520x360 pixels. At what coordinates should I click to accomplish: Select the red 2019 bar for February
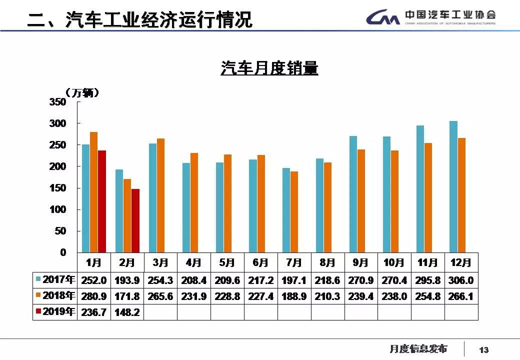tap(135, 220)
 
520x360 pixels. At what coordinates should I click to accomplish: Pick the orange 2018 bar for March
tap(161, 195)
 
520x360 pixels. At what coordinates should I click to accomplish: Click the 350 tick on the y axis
tap(57, 102)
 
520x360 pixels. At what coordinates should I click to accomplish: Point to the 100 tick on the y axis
tap(57, 209)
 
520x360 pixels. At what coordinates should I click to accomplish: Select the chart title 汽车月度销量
tap(269, 68)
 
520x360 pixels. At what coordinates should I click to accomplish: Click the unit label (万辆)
tap(82, 93)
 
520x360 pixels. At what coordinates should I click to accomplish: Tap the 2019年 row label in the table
tap(55, 312)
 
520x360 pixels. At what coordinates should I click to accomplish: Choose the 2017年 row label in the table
tap(55, 280)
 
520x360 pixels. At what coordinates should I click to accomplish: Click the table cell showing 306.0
tap(461, 280)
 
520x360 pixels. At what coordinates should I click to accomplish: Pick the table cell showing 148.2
tap(127, 312)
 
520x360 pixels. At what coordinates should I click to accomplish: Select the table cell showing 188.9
tap(294, 296)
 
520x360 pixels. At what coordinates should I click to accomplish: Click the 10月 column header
tap(394, 262)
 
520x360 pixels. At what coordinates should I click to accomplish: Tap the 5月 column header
tap(227, 262)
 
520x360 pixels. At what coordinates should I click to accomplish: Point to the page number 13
tap(484, 350)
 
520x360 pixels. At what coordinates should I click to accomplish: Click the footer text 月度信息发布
tap(418, 349)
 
